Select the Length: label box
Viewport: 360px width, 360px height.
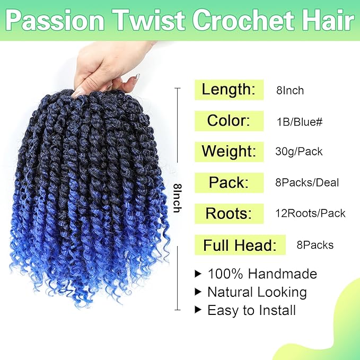point(229,89)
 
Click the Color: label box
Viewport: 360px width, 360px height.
point(229,120)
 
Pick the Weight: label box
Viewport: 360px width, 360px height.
point(229,152)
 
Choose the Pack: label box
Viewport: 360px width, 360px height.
point(229,183)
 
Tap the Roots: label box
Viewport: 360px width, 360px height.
point(229,213)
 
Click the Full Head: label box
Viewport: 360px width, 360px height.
point(240,245)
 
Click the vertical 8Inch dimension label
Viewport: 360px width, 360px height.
point(177,196)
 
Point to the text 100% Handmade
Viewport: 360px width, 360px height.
point(262,274)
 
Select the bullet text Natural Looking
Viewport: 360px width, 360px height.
point(257,292)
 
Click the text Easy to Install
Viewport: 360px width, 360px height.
point(251,310)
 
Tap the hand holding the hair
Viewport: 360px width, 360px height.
point(108,66)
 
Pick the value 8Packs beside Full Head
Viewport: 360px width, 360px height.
point(315,245)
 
